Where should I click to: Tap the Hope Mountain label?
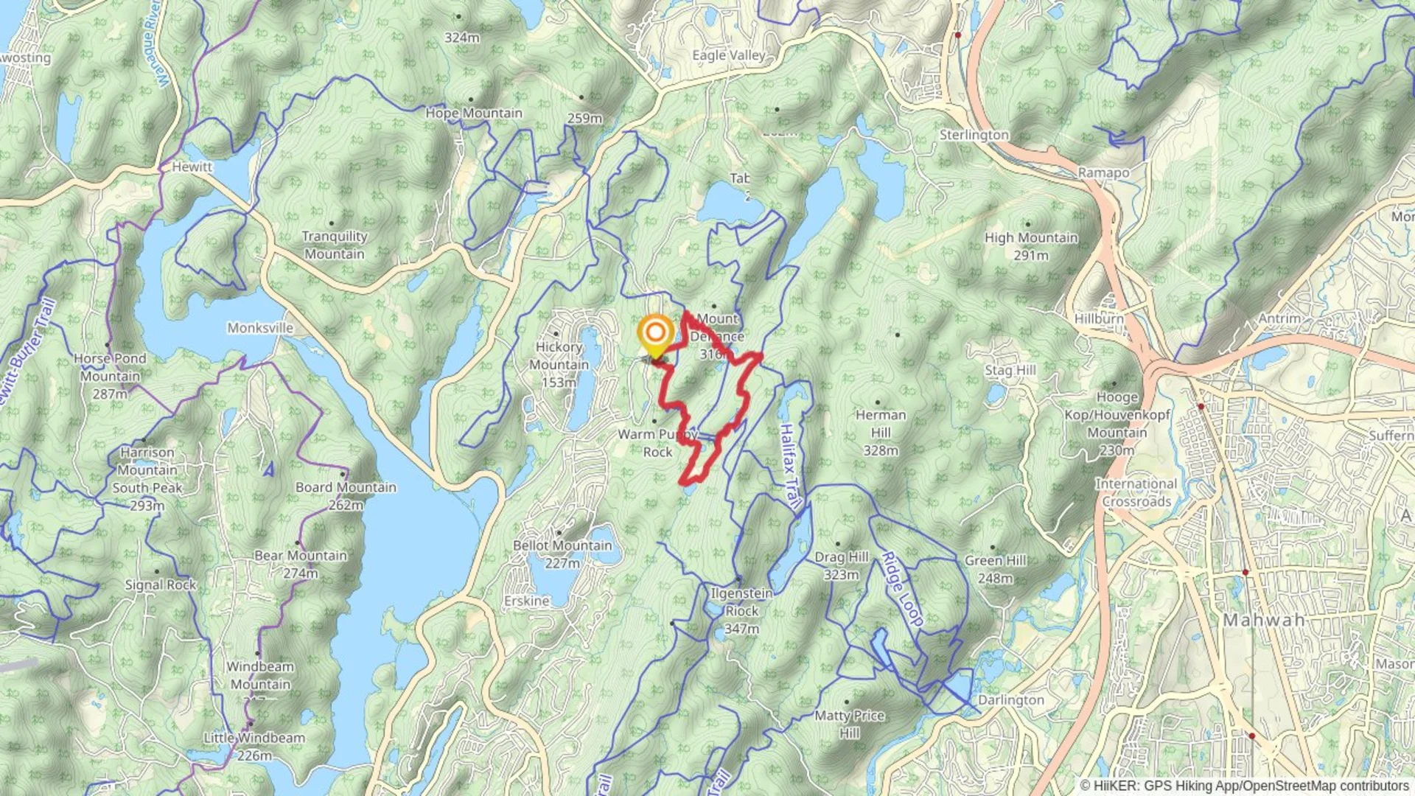point(474,114)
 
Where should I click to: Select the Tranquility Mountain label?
point(335,245)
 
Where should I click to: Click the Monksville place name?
point(260,328)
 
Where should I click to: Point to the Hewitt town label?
point(192,167)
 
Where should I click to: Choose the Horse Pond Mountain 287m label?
point(110,376)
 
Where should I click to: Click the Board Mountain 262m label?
point(346,496)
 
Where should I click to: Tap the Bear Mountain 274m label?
point(300,564)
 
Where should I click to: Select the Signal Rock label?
point(160,585)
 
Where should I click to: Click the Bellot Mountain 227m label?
point(562,554)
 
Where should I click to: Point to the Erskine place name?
point(526,601)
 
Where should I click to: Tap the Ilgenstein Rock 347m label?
point(741,611)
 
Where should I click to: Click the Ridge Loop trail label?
point(902,590)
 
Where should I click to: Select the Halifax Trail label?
point(790,466)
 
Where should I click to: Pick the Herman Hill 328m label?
point(881,433)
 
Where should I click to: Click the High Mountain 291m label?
point(1031,246)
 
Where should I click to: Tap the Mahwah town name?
point(1264,621)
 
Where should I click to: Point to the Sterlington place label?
point(974,135)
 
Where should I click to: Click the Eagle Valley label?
point(729,55)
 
